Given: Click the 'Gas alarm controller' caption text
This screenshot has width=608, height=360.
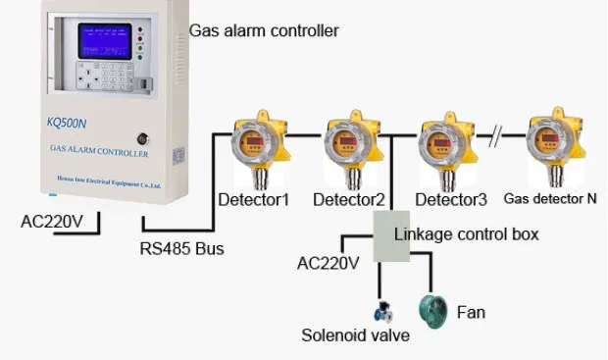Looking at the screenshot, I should click(264, 30).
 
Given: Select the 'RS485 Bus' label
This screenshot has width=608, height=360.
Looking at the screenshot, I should click(180, 248).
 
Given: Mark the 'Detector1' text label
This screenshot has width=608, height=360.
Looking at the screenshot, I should click(252, 200).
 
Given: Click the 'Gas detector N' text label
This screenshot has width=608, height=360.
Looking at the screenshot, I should click(550, 197).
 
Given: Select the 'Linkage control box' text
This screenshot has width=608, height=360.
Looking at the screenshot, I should click(467, 234).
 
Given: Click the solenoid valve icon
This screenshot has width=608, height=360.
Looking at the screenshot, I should click(382, 313).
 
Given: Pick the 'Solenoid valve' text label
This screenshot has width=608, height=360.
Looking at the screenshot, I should click(355, 335).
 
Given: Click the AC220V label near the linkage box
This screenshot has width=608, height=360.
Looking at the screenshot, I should click(329, 263).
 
